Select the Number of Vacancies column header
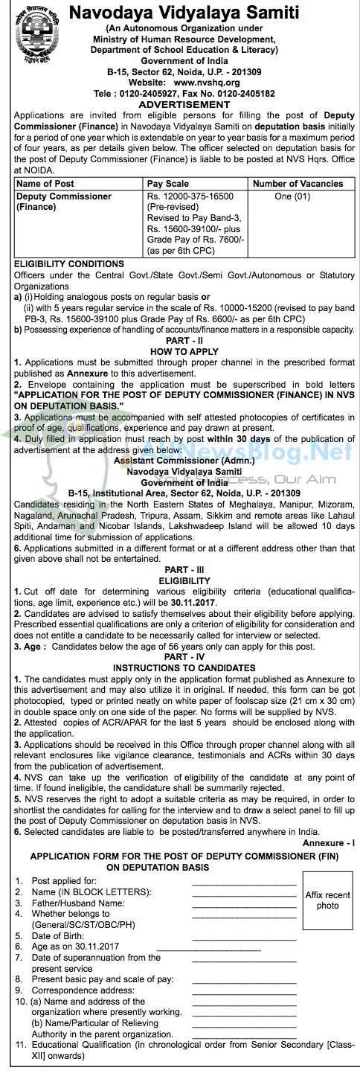298,183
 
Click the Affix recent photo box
327,900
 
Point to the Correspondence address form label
73,990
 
